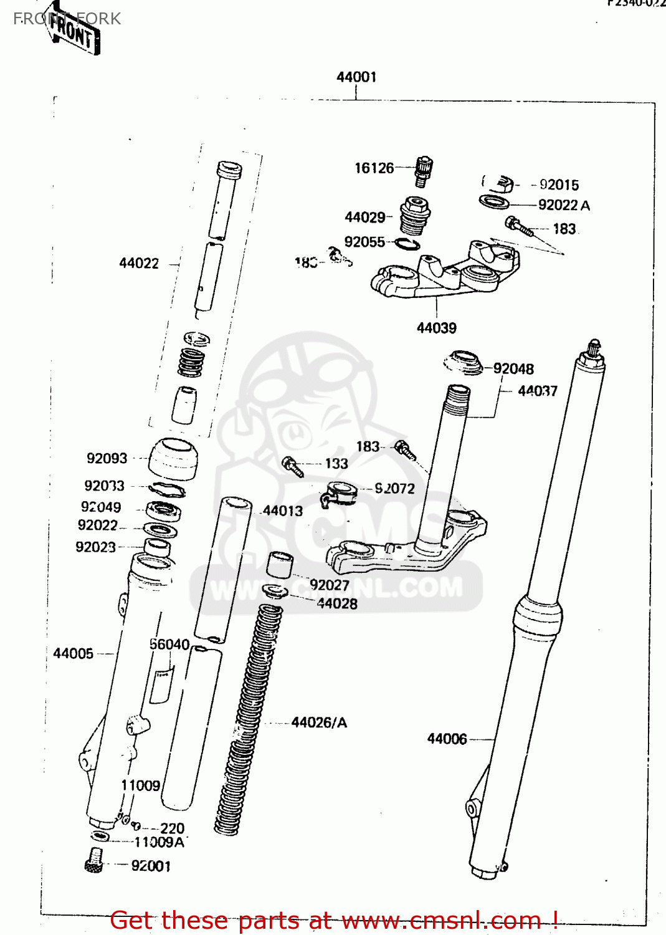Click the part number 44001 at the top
pyautogui.click(x=356, y=77)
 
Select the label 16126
pyautogui.click(x=374, y=168)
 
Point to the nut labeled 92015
pyautogui.click(x=502, y=184)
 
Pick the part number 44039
pyautogui.click(x=436, y=328)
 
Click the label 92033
pyautogui.click(x=104, y=486)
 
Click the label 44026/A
pyautogui.click(x=319, y=722)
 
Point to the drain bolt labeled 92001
pyautogui.click(x=94, y=860)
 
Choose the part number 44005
pyautogui.click(x=73, y=653)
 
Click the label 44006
pyautogui.click(x=447, y=739)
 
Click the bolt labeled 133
pyautogui.click(x=293, y=466)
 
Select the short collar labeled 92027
pyautogui.click(x=280, y=564)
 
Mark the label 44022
pyautogui.click(x=139, y=263)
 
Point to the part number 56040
pyautogui.click(x=169, y=644)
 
